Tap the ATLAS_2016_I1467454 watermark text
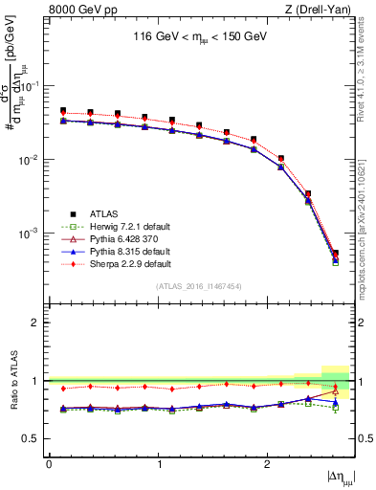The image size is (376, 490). tap(199, 286)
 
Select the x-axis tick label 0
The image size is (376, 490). tap(49, 464)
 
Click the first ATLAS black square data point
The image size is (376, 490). tap(63, 111)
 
